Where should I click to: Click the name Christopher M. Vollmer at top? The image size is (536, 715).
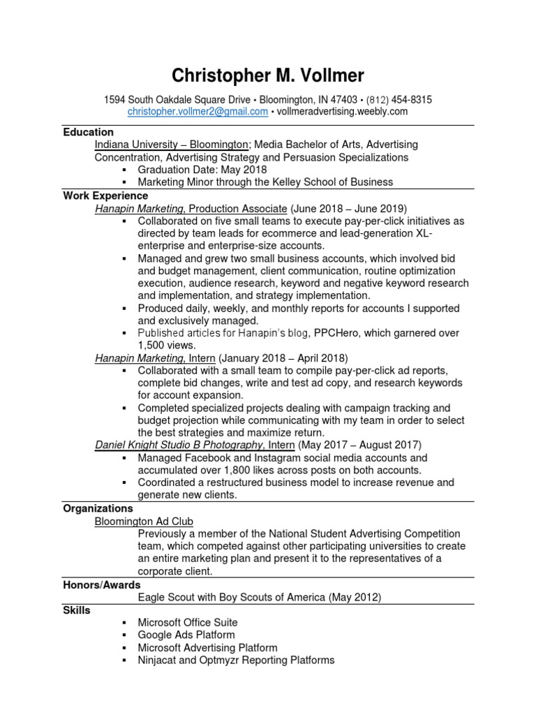(x=268, y=75)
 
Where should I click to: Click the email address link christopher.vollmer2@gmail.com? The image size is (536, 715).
(x=198, y=112)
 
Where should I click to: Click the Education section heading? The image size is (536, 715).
(x=88, y=132)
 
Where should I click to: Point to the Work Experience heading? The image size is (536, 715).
(x=105, y=196)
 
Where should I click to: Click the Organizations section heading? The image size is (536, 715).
(x=98, y=508)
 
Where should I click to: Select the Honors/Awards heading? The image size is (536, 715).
(x=101, y=584)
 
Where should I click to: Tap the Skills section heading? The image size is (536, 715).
(x=77, y=610)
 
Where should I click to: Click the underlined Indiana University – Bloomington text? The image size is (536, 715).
(x=172, y=145)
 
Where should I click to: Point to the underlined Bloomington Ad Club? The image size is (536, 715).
(x=144, y=521)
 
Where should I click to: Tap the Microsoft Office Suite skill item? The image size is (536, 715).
(x=188, y=622)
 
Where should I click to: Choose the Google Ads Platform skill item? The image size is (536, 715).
(x=186, y=635)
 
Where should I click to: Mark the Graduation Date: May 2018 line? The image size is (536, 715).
(x=202, y=170)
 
